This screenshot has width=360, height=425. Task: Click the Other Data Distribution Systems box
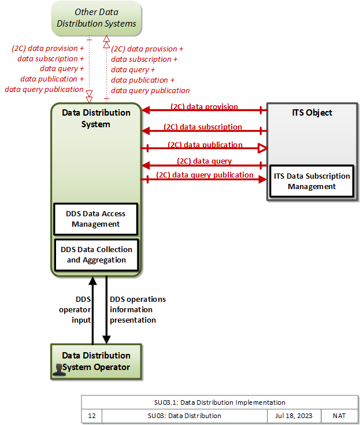[97, 18]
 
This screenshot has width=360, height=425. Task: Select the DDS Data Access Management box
[96, 219]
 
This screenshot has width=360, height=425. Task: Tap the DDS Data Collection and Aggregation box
[97, 255]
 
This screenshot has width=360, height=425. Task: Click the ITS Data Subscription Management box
[312, 181]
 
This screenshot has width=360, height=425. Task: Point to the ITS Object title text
[312, 113]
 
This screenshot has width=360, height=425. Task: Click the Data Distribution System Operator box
[96, 362]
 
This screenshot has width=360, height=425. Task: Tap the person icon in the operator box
[59, 370]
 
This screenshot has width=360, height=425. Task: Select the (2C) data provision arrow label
[204, 106]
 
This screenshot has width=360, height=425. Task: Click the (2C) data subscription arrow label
[203, 127]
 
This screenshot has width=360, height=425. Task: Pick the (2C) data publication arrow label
[205, 145]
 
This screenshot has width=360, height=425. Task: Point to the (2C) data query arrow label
[204, 161]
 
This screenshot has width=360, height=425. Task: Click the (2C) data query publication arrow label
[205, 175]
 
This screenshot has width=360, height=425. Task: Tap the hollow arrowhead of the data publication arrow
[262, 148]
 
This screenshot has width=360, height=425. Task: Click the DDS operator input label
[75, 309]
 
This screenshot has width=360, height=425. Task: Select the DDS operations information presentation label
[138, 309]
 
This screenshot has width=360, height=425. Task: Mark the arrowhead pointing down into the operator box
[106, 339]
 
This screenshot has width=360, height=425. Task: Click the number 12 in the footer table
[92, 416]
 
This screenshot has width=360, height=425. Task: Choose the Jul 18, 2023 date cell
[294, 416]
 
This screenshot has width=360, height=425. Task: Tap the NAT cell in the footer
[339, 416]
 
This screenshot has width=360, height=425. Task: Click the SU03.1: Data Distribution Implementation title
[220, 402]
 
